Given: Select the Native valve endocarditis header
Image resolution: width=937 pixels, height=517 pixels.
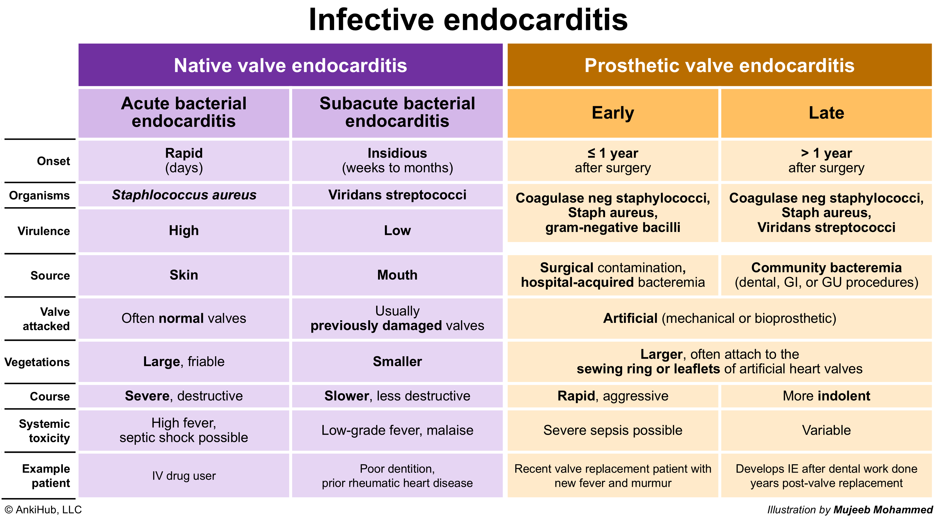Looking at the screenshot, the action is (x=290, y=65).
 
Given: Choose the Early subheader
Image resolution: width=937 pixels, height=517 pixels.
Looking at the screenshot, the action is (x=613, y=113).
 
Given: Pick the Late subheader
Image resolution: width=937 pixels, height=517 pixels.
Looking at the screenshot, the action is (x=826, y=113).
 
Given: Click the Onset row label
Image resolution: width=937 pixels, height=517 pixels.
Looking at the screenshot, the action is (x=54, y=161).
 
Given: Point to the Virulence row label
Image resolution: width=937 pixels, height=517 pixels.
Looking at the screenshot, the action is (x=44, y=231).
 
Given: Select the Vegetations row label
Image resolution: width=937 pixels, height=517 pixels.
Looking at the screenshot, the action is (x=37, y=362).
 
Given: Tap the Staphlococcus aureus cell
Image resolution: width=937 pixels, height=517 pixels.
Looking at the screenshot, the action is (x=184, y=195).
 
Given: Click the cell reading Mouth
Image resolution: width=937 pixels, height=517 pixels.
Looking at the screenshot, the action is (x=397, y=275).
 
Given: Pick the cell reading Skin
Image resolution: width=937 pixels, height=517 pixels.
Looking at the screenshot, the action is (x=184, y=275).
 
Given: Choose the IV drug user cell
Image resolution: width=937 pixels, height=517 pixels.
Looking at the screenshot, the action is (x=184, y=476).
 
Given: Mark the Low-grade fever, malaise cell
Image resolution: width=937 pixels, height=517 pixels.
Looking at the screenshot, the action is (x=397, y=431).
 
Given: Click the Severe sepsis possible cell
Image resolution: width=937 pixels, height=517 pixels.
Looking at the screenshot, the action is (x=613, y=431).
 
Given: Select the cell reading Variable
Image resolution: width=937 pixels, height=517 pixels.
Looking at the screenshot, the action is (x=826, y=431).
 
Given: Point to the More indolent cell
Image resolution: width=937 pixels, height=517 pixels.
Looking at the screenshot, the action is (x=826, y=396).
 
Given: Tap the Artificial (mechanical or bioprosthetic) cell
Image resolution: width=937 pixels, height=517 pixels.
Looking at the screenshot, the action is (x=720, y=319).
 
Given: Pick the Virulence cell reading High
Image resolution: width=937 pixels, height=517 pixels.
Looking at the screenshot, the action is (x=184, y=231).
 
